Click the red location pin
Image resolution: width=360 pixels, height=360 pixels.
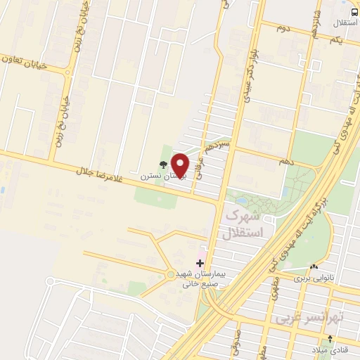point(181,165)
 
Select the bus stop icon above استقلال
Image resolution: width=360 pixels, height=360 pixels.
point(353,13)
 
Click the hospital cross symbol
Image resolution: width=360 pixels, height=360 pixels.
point(200,262)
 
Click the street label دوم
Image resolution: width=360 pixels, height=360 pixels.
point(283,27)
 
